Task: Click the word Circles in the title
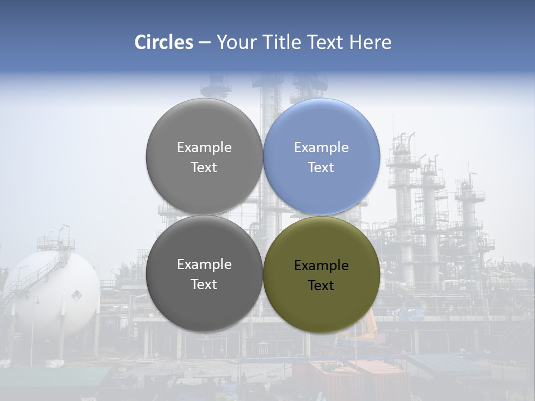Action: [x=163, y=42]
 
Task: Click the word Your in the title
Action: [x=236, y=42]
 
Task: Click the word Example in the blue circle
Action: [x=322, y=148]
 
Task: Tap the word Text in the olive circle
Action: [x=321, y=286]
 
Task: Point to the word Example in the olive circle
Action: [x=322, y=266]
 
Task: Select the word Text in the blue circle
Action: [x=321, y=168]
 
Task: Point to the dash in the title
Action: [x=204, y=42]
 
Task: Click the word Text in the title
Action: [x=326, y=42]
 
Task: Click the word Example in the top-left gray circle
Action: [x=204, y=148]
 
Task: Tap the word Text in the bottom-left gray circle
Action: [x=204, y=285]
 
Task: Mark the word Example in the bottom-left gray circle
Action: [x=204, y=265]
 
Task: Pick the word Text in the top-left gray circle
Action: [x=204, y=168]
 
